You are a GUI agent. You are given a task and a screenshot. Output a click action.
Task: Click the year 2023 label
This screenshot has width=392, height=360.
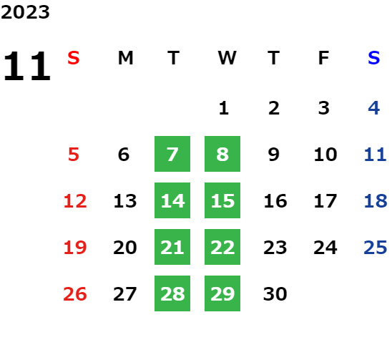pyautogui.click(x=25, y=12)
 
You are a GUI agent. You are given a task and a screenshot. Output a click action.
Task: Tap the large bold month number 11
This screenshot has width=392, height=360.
pyautogui.click(x=27, y=66)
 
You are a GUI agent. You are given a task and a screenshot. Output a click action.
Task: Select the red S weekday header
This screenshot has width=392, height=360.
pyautogui.click(x=74, y=58)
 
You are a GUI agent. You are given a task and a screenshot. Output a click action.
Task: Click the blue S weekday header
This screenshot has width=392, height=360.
pyautogui.click(x=373, y=58)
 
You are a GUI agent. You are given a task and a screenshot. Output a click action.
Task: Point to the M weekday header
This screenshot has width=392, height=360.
pyautogui.click(x=125, y=58)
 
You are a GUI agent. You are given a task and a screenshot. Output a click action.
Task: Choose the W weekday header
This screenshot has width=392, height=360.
pyautogui.click(x=227, y=58)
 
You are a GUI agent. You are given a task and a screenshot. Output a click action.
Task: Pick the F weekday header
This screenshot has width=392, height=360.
pyautogui.click(x=324, y=58)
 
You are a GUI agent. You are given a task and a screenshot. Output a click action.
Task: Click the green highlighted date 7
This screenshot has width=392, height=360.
pyautogui.click(x=172, y=154)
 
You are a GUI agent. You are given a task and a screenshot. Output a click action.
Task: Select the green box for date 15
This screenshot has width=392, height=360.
pyautogui.click(x=222, y=200)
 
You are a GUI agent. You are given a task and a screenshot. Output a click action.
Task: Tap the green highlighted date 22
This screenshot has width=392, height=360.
pyautogui.click(x=222, y=247)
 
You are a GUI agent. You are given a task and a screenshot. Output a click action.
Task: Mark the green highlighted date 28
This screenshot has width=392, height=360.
pyautogui.click(x=172, y=293)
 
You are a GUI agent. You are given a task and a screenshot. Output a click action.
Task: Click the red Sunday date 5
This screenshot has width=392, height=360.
pyautogui.click(x=74, y=155)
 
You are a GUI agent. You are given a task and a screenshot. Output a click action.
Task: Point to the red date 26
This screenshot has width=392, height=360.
pyautogui.click(x=75, y=294)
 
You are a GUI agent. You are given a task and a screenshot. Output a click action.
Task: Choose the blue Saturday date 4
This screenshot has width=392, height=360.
pyautogui.click(x=374, y=108)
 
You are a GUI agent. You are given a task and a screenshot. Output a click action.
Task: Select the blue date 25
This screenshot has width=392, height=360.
pyautogui.click(x=376, y=248)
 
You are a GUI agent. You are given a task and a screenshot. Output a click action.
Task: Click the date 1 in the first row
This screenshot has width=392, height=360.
pyautogui.click(x=223, y=108)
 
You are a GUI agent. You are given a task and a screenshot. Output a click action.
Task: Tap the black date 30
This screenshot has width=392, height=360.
pyautogui.click(x=275, y=294)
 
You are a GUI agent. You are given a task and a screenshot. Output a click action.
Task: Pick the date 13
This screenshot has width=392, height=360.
pyautogui.click(x=125, y=201)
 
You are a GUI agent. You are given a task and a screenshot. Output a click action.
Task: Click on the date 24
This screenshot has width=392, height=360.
pyautogui.click(x=325, y=248)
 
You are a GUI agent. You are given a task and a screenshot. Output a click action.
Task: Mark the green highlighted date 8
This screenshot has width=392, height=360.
pyautogui.click(x=222, y=154)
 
